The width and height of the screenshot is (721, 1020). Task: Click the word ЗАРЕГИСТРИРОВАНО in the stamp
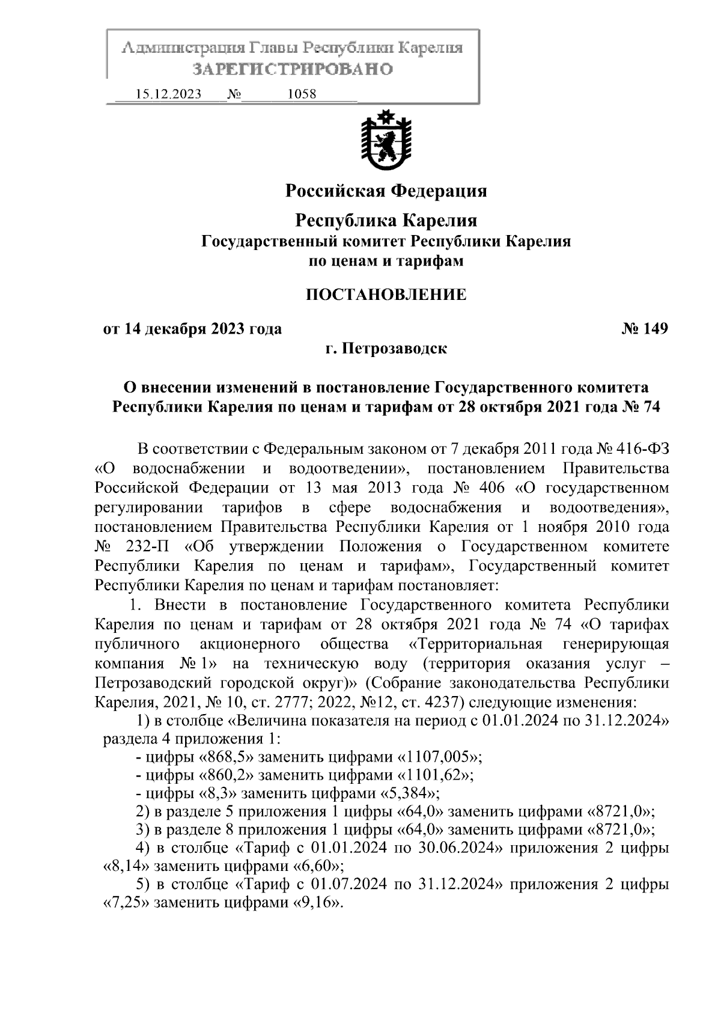pos(293,69)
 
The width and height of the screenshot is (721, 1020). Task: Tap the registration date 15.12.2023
pos(168,94)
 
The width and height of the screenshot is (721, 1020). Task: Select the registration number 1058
pos(302,94)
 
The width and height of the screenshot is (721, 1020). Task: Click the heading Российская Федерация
pos(386,191)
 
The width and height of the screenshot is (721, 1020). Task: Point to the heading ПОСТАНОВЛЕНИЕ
pos(386,295)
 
